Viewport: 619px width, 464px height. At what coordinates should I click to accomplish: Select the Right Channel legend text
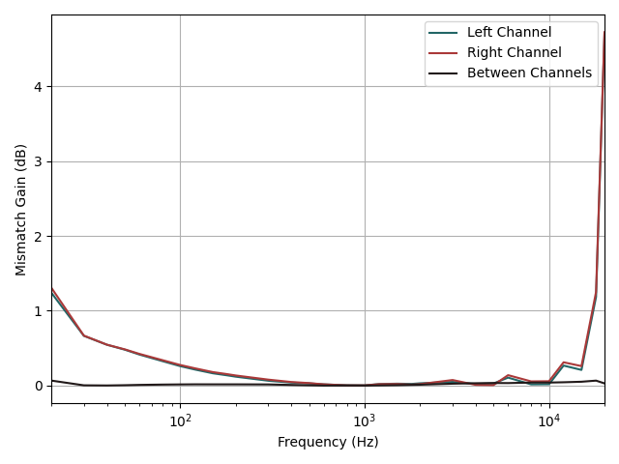point(514,53)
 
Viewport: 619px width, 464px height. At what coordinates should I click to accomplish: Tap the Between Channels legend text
point(529,73)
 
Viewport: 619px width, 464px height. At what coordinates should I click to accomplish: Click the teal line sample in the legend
point(444,33)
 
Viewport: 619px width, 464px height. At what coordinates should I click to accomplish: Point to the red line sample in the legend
point(444,53)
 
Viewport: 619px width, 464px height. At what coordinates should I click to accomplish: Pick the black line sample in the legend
point(444,73)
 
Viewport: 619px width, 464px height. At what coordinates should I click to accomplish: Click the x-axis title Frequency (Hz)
point(328,443)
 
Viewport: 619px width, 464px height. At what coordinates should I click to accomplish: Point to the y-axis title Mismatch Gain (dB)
point(20,209)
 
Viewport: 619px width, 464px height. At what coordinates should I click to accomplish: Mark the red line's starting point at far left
point(52,288)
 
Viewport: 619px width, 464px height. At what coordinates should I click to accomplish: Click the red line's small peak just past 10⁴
point(564,362)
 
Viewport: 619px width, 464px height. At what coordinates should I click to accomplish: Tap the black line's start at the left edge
point(52,380)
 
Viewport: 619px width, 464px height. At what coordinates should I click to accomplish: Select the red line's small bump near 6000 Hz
point(508,375)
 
